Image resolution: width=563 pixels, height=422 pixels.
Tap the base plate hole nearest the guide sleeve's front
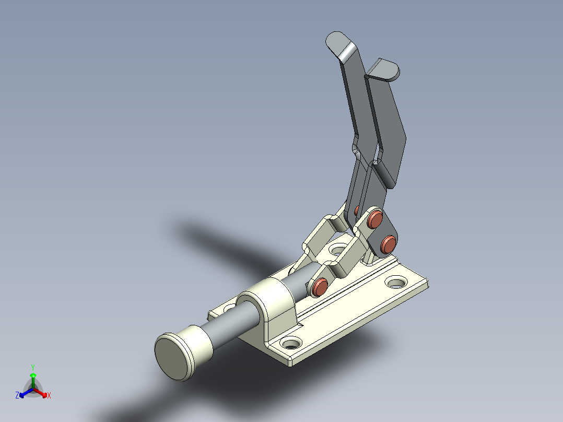pyautogui.click(x=291, y=344)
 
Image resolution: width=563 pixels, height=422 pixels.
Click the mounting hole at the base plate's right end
pyautogui.click(x=396, y=283)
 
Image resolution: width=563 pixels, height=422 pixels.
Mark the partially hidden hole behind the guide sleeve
pyautogui.click(x=228, y=308)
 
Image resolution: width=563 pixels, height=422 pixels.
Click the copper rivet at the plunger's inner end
pyautogui.click(x=319, y=286)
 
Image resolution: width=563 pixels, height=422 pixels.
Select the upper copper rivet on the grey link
pyautogui.click(x=374, y=220)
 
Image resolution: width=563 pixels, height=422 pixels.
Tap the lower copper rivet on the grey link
pyautogui.click(x=388, y=243)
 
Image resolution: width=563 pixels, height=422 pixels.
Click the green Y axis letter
pyautogui.click(x=33, y=367)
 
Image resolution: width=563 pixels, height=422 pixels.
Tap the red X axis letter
pyautogui.click(x=49, y=396)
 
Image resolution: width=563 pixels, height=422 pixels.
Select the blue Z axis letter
pyautogui.click(x=17, y=396)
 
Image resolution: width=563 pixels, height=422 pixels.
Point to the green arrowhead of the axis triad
pyautogui.click(x=33, y=376)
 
